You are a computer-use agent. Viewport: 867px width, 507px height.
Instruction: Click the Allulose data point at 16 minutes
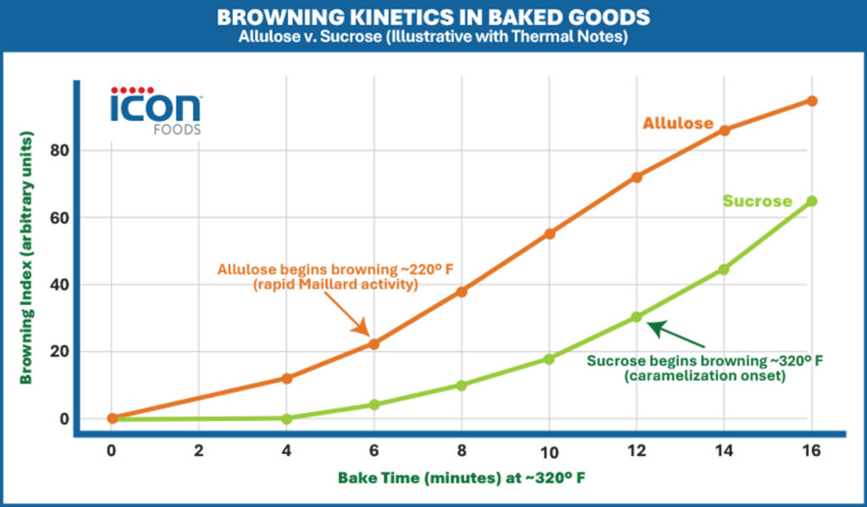tap(812, 101)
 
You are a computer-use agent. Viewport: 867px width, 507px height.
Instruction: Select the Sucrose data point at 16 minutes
tap(812, 201)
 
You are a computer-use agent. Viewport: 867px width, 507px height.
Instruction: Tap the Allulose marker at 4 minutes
tap(286, 378)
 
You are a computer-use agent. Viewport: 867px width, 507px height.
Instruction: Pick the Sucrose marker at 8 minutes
tap(461, 385)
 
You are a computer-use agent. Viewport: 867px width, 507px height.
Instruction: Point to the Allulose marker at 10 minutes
tap(549, 234)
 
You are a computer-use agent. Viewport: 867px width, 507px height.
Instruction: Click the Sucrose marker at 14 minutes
tap(724, 269)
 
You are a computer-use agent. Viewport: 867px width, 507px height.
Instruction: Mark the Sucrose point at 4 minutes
tap(286, 418)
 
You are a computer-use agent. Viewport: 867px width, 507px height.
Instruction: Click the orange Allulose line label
tap(677, 124)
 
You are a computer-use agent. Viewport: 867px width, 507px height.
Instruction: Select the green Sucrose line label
tap(756, 201)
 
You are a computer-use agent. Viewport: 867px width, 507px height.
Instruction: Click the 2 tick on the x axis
tap(199, 451)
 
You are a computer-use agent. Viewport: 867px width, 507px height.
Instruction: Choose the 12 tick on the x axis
tap(637, 451)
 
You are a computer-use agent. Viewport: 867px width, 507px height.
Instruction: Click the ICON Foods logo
tap(156, 111)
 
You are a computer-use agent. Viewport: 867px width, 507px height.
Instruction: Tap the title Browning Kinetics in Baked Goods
tap(433, 17)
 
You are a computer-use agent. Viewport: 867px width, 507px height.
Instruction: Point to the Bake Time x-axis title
tap(461, 478)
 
